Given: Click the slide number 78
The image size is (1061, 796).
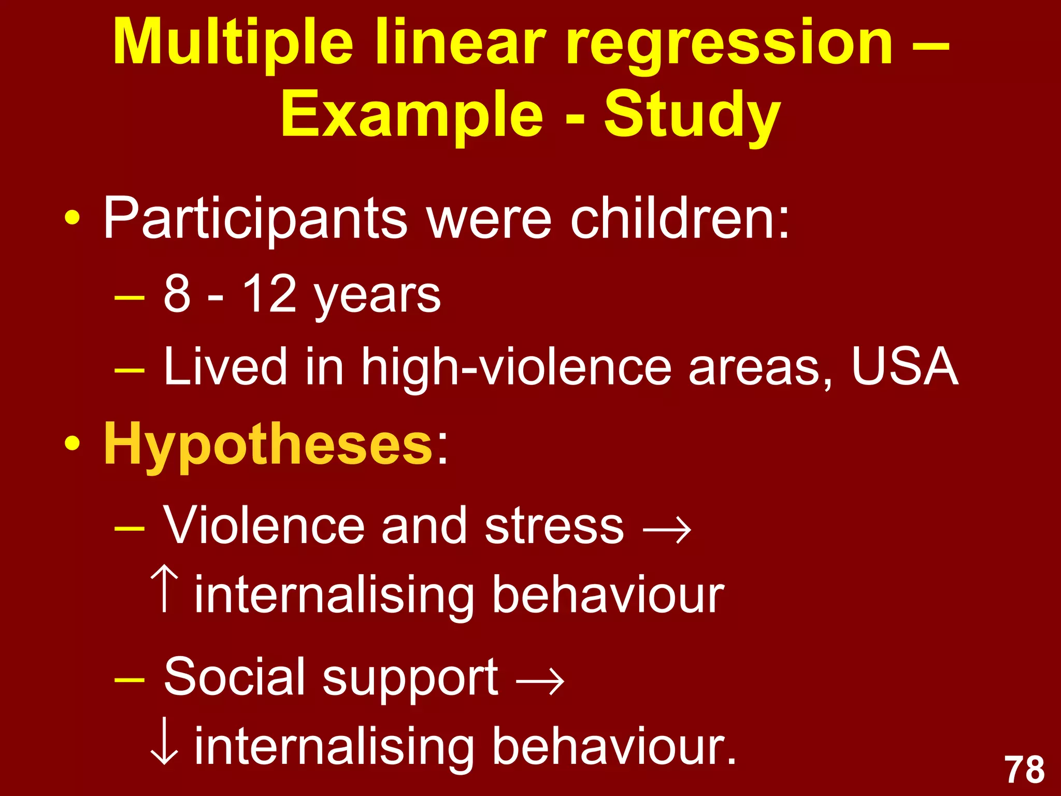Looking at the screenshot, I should [x=1025, y=770].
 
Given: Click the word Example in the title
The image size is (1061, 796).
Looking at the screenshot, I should [x=412, y=115].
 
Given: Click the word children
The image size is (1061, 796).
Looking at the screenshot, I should [x=679, y=218].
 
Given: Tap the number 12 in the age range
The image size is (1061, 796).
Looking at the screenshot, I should [x=269, y=293].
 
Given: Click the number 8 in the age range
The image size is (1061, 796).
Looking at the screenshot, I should [x=177, y=294].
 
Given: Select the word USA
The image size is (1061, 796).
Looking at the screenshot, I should [x=905, y=366].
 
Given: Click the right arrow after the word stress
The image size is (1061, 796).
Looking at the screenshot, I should [x=667, y=530].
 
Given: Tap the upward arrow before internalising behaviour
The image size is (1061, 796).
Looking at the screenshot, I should [x=165, y=589].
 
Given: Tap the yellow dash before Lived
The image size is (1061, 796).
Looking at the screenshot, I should [x=129, y=371].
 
